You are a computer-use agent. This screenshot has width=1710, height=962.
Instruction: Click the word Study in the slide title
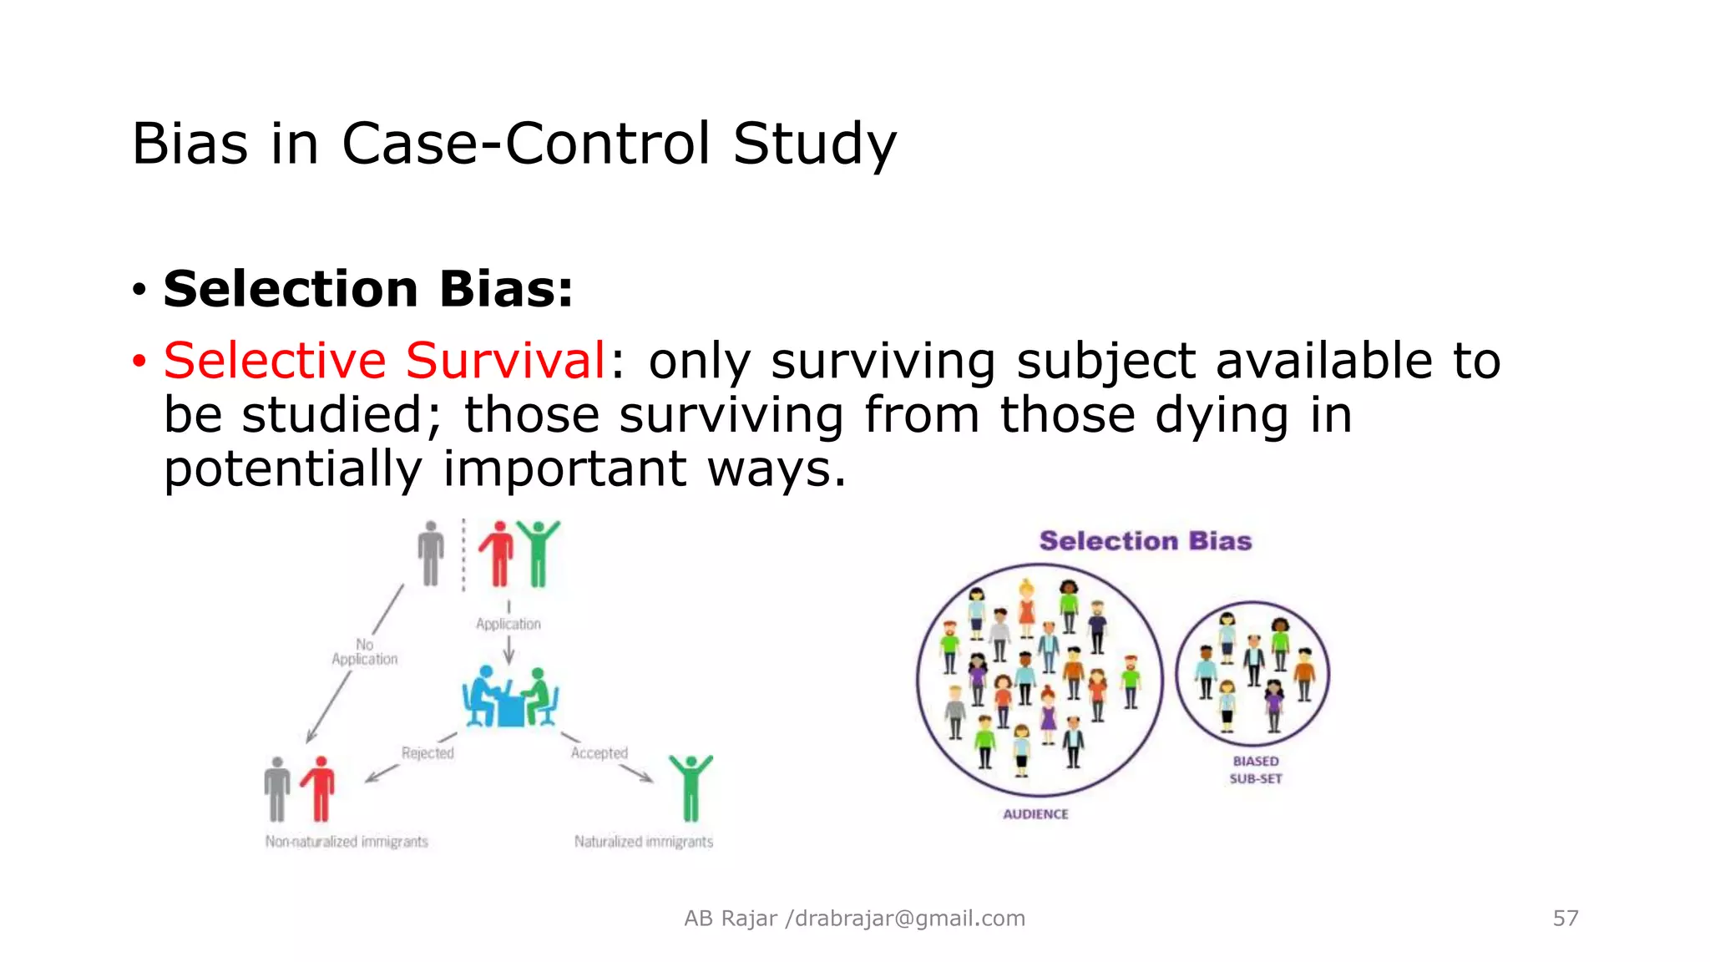(x=814, y=144)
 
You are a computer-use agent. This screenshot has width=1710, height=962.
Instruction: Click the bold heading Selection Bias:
(x=368, y=289)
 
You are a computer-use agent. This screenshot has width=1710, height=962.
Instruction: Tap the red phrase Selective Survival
(x=385, y=361)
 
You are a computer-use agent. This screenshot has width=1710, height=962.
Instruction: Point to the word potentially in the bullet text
(x=293, y=468)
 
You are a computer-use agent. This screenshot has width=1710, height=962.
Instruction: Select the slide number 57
(x=1565, y=919)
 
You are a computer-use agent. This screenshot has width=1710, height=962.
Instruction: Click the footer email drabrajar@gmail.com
(x=909, y=919)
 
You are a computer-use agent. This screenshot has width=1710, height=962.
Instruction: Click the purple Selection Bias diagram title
(x=1145, y=541)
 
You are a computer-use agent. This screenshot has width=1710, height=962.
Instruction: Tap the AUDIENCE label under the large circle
(x=1035, y=814)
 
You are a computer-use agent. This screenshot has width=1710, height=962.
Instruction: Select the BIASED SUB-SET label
(x=1255, y=770)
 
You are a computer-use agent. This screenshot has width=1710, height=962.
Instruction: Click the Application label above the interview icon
(x=508, y=624)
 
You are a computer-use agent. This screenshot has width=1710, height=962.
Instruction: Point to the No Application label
(x=365, y=652)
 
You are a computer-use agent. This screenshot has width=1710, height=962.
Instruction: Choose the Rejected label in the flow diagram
(x=427, y=753)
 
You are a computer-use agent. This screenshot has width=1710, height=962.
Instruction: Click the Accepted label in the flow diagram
(x=599, y=753)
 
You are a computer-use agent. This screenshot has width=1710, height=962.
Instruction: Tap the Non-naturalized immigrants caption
(x=347, y=842)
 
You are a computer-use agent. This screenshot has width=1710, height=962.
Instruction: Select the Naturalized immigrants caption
(x=643, y=842)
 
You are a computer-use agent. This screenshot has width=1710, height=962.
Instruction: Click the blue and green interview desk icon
(x=510, y=697)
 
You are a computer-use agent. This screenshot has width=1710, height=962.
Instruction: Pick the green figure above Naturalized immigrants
(x=691, y=787)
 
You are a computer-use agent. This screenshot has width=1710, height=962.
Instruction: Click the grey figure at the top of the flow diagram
(x=431, y=554)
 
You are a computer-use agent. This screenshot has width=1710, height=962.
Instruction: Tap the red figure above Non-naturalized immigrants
(x=319, y=788)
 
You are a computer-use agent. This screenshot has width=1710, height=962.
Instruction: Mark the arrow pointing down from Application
(x=508, y=651)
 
